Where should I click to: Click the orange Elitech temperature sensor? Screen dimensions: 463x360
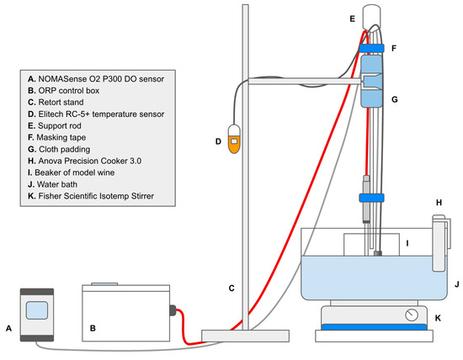(x=234, y=139)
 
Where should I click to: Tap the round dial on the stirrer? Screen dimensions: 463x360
(x=412, y=315)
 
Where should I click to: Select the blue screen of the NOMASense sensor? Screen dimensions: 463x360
(x=37, y=310)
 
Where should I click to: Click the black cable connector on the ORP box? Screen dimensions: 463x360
(x=173, y=310)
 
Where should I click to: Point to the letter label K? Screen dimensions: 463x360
(x=438, y=318)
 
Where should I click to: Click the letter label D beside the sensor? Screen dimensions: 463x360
(x=218, y=141)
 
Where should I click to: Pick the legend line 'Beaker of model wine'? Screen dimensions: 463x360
(x=72, y=172)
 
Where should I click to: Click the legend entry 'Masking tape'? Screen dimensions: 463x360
(x=57, y=137)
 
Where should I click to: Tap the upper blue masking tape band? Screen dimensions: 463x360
(x=371, y=48)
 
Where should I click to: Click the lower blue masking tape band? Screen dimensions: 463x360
(x=371, y=198)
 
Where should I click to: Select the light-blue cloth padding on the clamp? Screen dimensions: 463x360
(x=372, y=81)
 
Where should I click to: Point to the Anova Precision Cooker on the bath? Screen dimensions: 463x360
(x=441, y=242)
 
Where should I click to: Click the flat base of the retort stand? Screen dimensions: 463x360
(x=245, y=336)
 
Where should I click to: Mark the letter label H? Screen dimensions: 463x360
(x=439, y=203)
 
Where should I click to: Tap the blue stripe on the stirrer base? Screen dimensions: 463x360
(x=374, y=327)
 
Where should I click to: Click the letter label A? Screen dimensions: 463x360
(x=9, y=328)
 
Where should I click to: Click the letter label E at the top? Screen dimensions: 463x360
(x=352, y=19)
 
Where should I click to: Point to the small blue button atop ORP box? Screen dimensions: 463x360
(x=104, y=284)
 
